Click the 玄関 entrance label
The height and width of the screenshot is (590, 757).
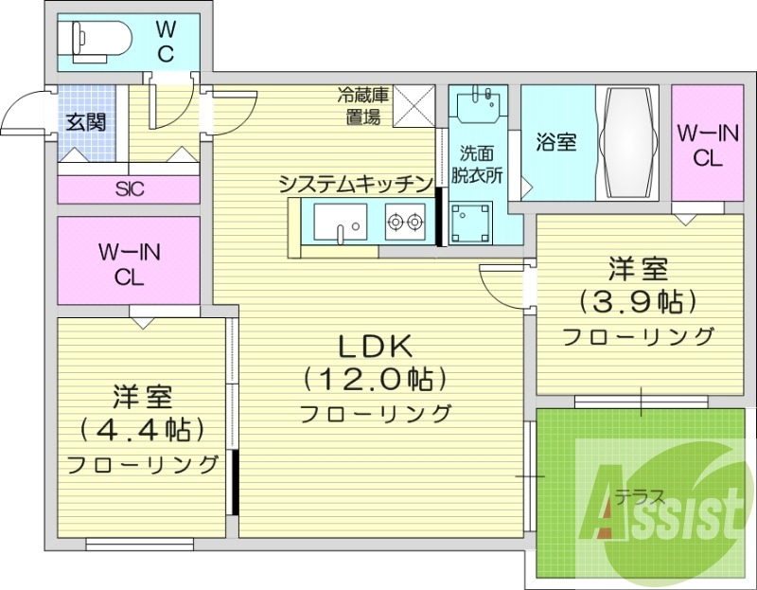85,122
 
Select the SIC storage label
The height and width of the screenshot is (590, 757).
130,188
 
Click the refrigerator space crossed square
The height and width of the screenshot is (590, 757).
413,105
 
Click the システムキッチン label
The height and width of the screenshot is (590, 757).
356,185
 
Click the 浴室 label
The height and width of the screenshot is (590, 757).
556,143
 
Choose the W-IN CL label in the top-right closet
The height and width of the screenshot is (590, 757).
707,145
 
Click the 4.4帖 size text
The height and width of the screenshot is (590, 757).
142,429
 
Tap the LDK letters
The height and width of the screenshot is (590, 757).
374,346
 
